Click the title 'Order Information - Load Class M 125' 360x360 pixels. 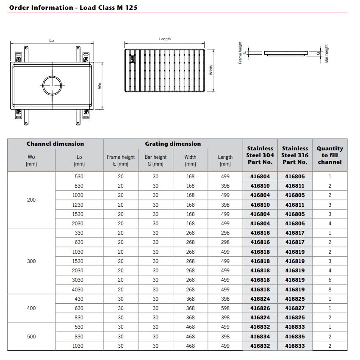(73, 7)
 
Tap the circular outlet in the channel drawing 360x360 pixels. (52, 86)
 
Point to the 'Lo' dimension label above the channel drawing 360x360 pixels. (52, 41)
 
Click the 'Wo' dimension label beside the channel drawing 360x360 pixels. (100, 86)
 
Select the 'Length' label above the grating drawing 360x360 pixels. (165, 39)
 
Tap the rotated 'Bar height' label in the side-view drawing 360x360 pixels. (327, 54)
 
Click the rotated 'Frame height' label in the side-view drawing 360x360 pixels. (241, 53)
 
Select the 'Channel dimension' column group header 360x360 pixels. (55, 144)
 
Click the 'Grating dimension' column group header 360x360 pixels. (173, 144)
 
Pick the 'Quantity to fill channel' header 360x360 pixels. (330, 155)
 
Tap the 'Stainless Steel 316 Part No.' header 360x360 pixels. (295, 155)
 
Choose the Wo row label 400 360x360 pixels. (31, 308)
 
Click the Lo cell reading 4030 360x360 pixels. (79, 289)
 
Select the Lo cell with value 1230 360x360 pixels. (79, 205)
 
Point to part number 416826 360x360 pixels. (260, 308)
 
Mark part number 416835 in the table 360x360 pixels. (295, 336)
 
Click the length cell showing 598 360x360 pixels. (225, 308)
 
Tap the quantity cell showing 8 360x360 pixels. (330, 289)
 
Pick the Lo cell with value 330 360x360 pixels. (79, 233)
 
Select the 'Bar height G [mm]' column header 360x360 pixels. (155, 160)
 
